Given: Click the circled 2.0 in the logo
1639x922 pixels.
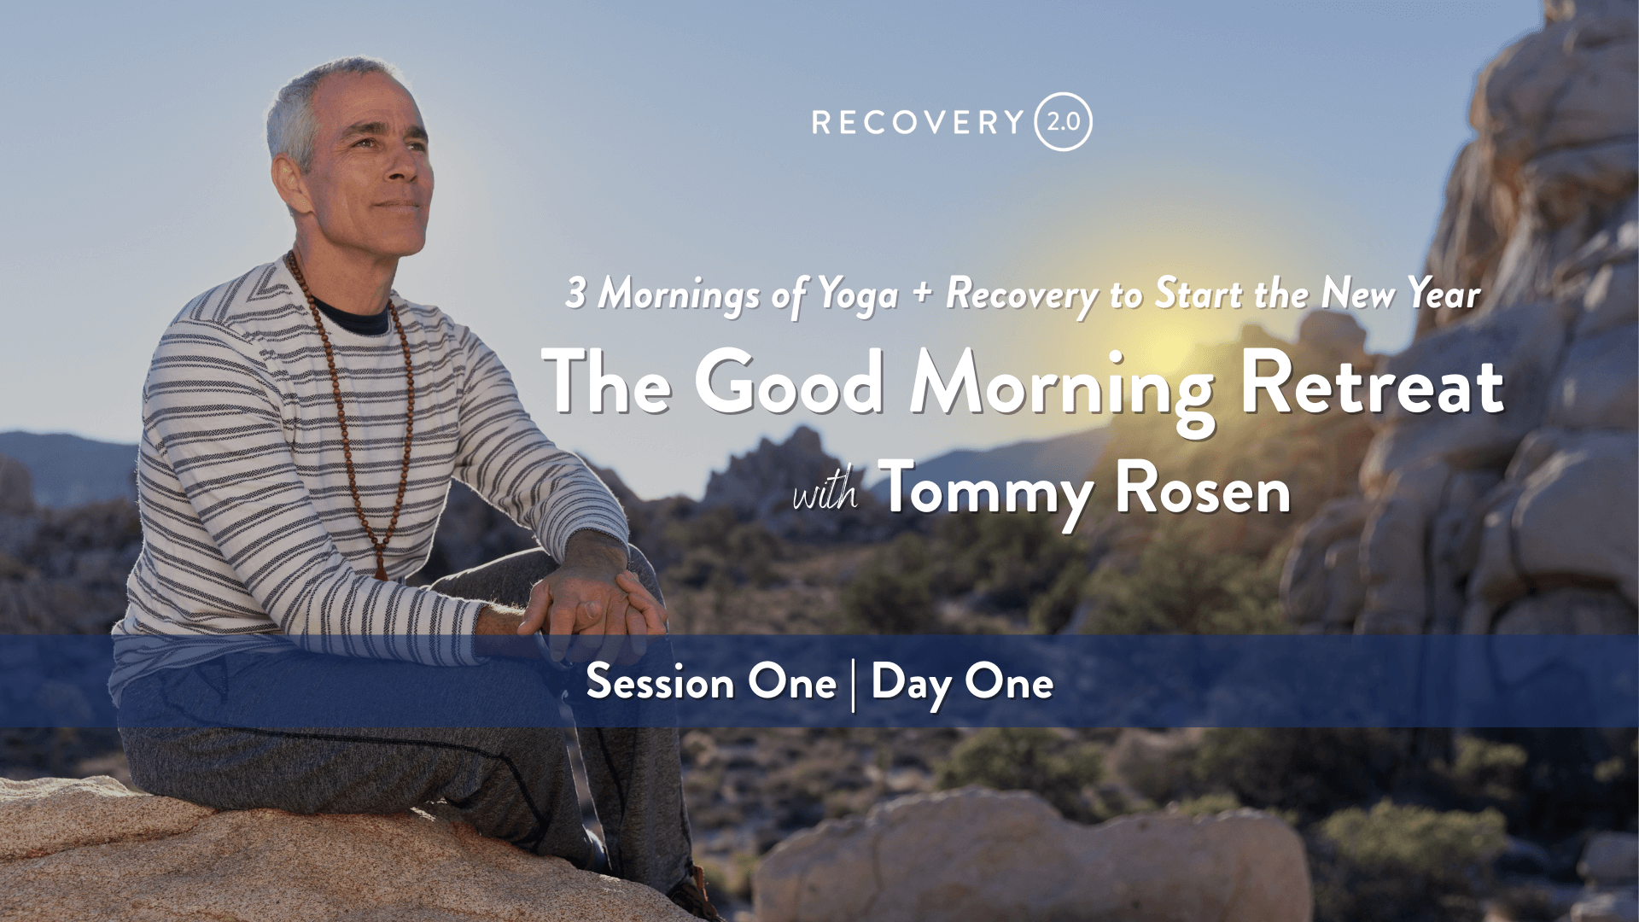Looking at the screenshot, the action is coord(1063,122).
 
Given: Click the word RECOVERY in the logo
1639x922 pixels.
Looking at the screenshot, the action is coord(918,122).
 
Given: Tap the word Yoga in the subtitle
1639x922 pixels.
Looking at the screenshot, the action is coord(858,295).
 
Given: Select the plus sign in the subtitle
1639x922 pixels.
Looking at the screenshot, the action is coord(922,293).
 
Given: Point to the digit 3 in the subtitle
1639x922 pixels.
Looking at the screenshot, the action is coord(575,292).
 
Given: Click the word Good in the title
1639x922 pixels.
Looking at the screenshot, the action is coord(789,382).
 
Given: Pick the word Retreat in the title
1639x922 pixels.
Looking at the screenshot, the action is coord(1372,384).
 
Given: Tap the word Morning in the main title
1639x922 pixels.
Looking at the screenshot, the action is coord(1062,391).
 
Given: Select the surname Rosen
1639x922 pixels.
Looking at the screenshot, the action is coord(1203,489).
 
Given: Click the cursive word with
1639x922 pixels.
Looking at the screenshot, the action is coord(825,493).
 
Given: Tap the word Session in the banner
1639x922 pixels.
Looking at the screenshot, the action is coord(661,682).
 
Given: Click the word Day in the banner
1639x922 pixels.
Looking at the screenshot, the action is coord(911,685).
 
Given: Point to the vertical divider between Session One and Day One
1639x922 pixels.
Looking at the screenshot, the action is coord(854,685).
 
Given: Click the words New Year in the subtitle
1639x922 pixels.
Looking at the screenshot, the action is coord(1401,294).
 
